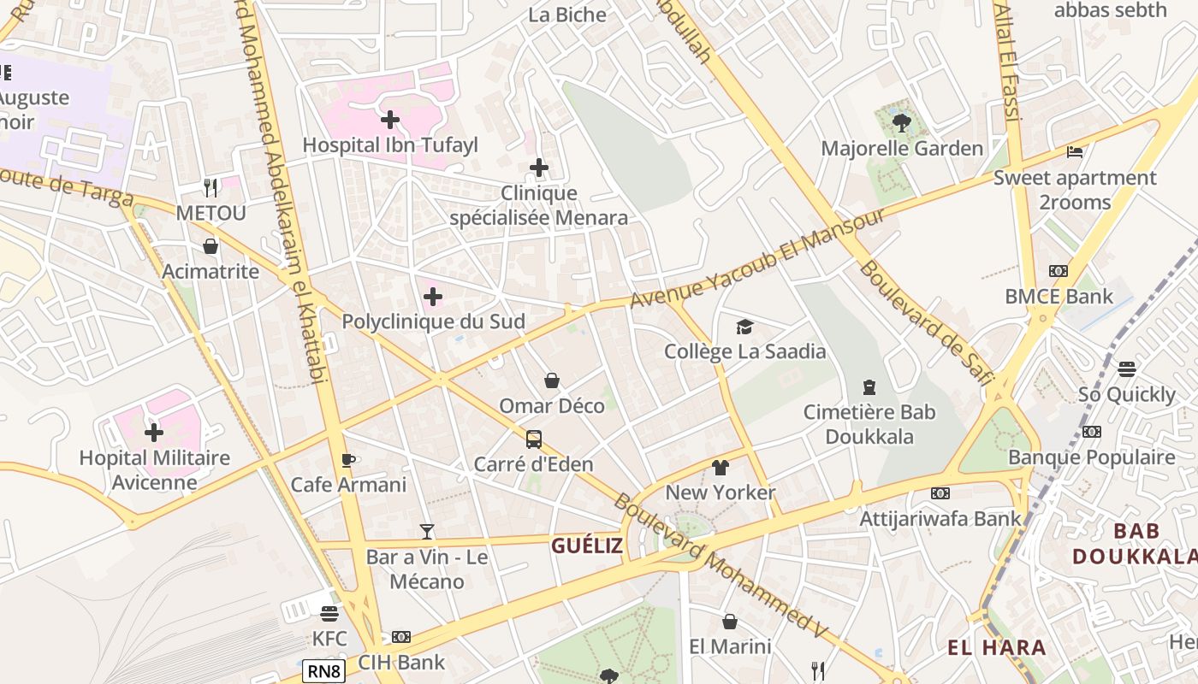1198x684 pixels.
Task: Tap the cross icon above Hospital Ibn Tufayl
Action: pos(390,120)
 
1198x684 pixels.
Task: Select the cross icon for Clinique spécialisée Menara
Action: pos(538,168)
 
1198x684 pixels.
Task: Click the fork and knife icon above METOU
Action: pos(211,186)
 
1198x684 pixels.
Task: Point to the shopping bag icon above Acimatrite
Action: pos(211,246)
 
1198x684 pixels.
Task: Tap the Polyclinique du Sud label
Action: pos(433,321)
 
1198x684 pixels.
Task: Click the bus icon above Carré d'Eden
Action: pos(534,439)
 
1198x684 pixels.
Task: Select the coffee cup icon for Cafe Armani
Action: pos(348,460)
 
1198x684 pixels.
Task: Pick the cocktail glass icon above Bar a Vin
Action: pos(427,532)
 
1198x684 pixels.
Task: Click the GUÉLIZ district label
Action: pos(586,545)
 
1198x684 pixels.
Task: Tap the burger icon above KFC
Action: pos(329,613)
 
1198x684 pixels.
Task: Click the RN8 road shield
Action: pos(324,671)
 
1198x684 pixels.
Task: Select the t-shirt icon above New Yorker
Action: pos(720,468)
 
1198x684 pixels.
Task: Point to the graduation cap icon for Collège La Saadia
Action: pos(744,327)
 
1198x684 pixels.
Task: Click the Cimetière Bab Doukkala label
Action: pos(869,424)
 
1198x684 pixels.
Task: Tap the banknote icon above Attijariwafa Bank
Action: pos(940,493)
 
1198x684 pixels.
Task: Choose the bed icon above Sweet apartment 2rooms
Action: pos(1075,152)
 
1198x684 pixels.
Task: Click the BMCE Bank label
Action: pos(1059,297)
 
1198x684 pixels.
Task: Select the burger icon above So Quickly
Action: pos(1126,369)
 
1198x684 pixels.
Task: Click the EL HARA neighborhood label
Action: pos(996,647)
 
